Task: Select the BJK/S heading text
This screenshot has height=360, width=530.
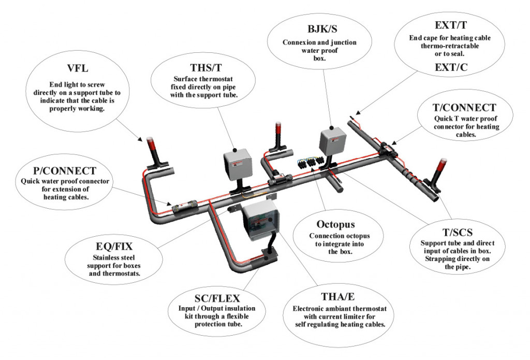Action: [x=319, y=28]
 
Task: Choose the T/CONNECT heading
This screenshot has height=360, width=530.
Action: [x=464, y=108]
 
